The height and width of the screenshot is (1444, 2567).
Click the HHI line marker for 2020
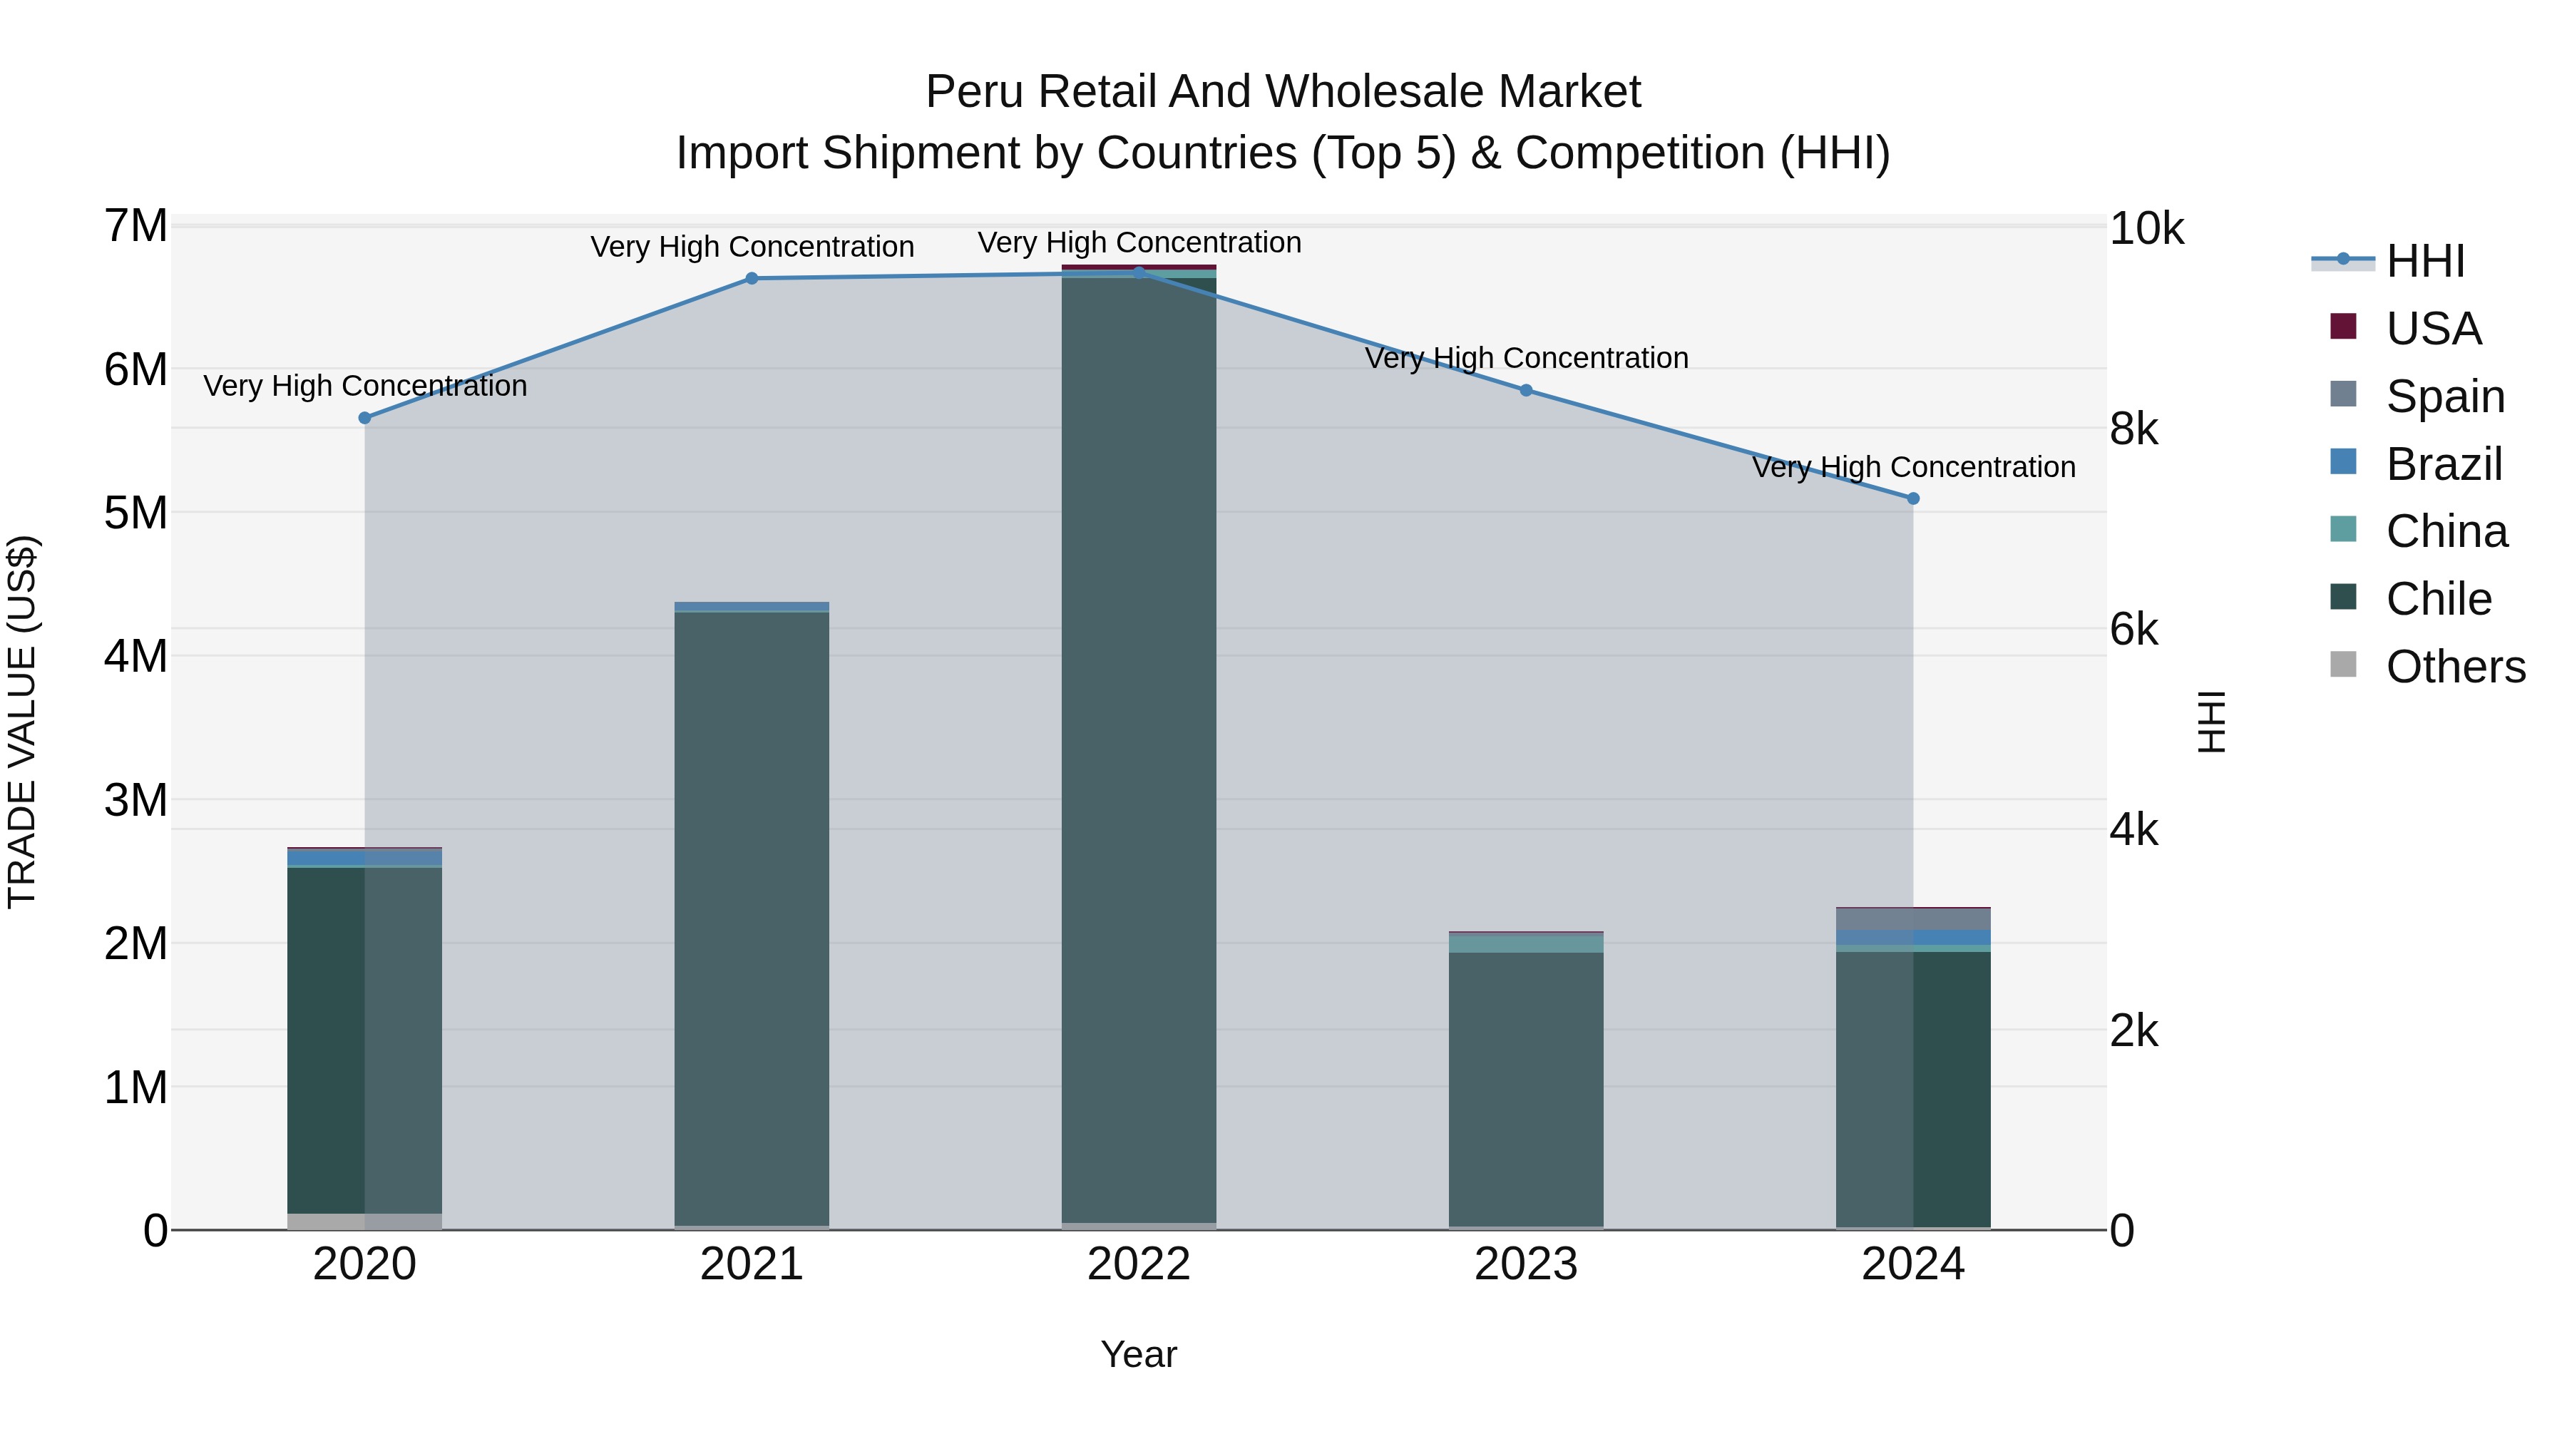click(364, 418)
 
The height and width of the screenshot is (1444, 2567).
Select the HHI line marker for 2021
click(752, 278)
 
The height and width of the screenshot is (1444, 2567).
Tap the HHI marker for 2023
click(1526, 391)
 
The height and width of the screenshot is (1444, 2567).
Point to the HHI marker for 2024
click(1913, 498)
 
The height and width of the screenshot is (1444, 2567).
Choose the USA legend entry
click(2432, 329)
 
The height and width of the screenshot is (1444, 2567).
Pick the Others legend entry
click(2454, 667)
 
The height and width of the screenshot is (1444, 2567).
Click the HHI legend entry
click(2424, 261)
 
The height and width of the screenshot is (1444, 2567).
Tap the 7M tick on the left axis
click(135, 226)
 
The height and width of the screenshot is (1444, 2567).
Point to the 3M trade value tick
click(135, 799)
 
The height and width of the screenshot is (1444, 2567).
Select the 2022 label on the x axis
click(1139, 1264)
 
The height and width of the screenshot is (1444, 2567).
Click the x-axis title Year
click(1139, 1354)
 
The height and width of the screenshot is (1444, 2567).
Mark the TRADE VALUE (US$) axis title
click(22, 722)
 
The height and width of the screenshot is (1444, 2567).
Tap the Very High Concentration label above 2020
click(364, 386)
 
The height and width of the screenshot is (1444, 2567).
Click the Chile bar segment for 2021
click(752, 917)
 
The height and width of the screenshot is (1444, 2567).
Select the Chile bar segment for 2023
click(1526, 1088)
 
